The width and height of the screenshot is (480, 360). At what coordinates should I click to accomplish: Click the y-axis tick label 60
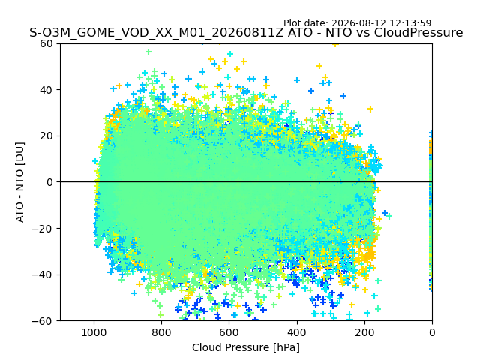coord(46,43)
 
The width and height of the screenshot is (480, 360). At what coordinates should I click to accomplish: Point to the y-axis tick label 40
coord(46,90)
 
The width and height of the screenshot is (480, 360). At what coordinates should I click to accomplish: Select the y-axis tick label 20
coord(46,136)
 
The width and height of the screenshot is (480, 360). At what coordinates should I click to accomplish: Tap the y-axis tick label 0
coord(49,182)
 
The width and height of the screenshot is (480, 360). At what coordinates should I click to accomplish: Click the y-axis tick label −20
coord(42,229)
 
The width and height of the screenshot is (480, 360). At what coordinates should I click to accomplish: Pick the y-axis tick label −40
coord(42,275)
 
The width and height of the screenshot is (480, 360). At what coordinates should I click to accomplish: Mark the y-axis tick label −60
coord(42,321)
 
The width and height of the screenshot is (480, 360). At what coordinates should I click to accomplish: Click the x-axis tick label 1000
coord(94,332)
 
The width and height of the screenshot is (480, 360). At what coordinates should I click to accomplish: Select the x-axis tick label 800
coord(162,332)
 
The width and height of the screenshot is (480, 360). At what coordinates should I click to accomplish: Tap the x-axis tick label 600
coord(229,332)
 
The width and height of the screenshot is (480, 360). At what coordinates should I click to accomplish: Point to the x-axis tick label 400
coord(297,332)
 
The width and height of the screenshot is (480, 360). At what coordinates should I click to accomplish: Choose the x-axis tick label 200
coord(364,332)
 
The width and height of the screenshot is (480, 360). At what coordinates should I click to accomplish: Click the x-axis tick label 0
coord(432,332)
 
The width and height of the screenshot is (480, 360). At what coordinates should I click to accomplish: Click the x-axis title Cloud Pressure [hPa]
coord(246,347)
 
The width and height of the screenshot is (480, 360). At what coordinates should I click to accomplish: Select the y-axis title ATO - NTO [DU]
coord(20,182)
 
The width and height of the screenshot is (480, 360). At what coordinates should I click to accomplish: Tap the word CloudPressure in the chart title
coord(418,32)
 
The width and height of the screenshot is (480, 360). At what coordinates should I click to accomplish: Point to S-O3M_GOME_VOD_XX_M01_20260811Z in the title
coord(157,33)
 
